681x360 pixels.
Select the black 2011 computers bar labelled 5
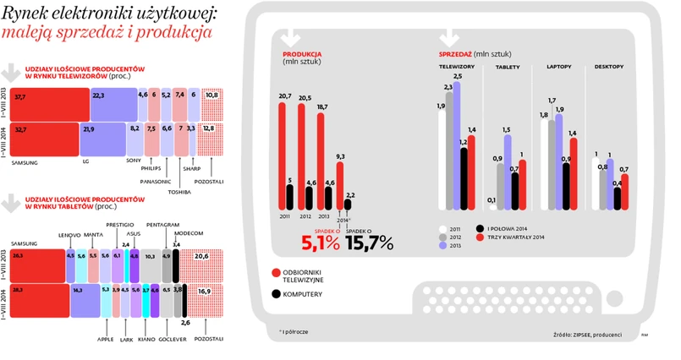[291, 197]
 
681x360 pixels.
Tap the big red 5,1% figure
[320, 243]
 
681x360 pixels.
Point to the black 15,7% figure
[370, 243]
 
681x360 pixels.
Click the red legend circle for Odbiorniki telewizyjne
[275, 271]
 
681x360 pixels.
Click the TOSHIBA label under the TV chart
[181, 191]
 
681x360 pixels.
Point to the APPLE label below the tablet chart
[105, 338]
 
